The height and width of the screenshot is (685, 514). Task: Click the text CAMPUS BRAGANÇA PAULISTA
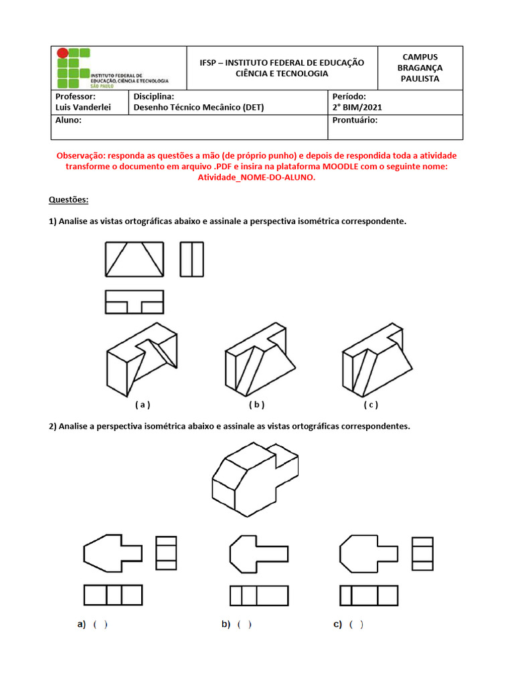[420, 68]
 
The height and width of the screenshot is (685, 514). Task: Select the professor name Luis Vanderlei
[83, 107]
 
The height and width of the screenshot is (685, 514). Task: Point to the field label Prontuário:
[355, 120]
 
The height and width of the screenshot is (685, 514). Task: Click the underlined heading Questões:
[68, 200]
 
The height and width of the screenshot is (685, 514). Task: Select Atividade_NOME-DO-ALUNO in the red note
[256, 177]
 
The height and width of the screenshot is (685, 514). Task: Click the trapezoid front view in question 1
[135, 260]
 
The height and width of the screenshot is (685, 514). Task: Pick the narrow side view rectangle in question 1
[191, 260]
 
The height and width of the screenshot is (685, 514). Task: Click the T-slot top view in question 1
[135, 302]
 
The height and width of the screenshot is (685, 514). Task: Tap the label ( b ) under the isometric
[257, 405]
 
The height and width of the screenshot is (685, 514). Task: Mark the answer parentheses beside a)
[100, 625]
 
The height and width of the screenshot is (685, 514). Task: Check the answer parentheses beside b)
[244, 625]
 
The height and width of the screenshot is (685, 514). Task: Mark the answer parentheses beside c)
[357, 625]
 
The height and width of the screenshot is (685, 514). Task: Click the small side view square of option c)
[422, 553]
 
